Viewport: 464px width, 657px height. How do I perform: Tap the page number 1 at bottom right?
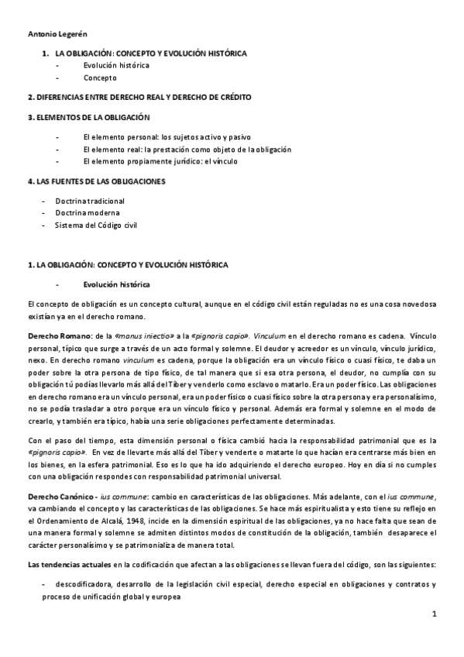click(x=435, y=615)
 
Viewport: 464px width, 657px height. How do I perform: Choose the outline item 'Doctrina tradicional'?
click(x=90, y=201)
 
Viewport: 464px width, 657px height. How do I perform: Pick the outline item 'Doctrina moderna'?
click(x=88, y=212)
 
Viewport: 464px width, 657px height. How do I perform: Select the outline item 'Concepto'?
click(x=100, y=78)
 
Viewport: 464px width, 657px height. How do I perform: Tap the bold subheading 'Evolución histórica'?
click(x=116, y=284)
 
